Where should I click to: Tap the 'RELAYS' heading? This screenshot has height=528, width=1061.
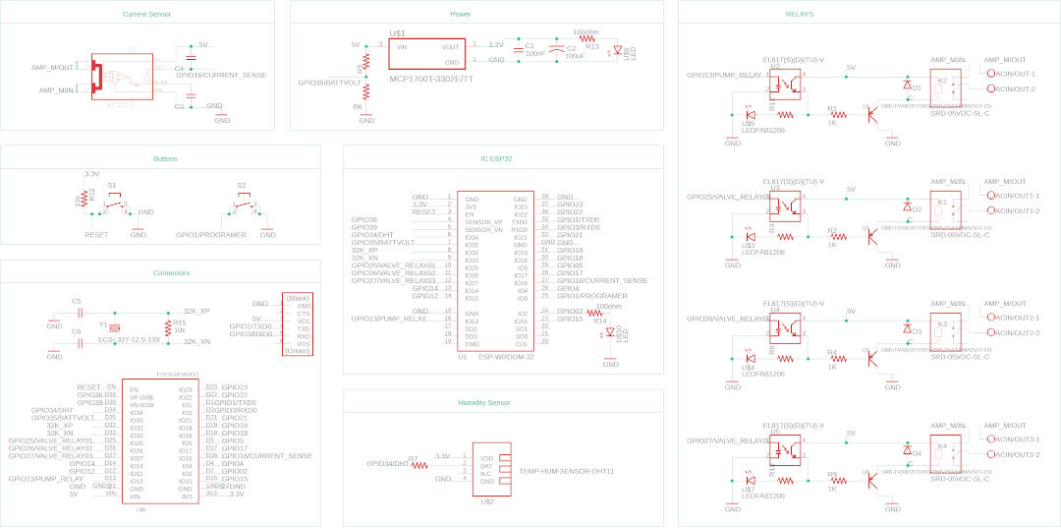[800, 15]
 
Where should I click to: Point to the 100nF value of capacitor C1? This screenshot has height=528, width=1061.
[534, 53]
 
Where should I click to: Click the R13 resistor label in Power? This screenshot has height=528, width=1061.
[591, 46]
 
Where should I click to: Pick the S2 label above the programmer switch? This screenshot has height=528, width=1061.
[241, 185]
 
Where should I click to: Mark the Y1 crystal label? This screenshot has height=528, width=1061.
[102, 323]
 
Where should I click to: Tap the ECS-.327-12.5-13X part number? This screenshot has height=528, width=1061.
[130, 339]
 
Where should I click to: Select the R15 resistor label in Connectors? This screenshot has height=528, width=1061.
[179, 322]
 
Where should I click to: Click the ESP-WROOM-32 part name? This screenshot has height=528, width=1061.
[505, 357]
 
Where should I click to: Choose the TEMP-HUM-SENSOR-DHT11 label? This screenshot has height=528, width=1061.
[566, 471]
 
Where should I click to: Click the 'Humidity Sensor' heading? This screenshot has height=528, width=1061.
[483, 403]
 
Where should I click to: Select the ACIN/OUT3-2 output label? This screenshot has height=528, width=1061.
[1017, 454]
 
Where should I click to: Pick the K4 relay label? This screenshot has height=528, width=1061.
[942, 445]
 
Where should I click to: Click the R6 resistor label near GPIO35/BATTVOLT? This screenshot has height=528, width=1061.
[358, 106]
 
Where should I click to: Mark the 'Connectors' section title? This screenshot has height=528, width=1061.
[172, 272]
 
